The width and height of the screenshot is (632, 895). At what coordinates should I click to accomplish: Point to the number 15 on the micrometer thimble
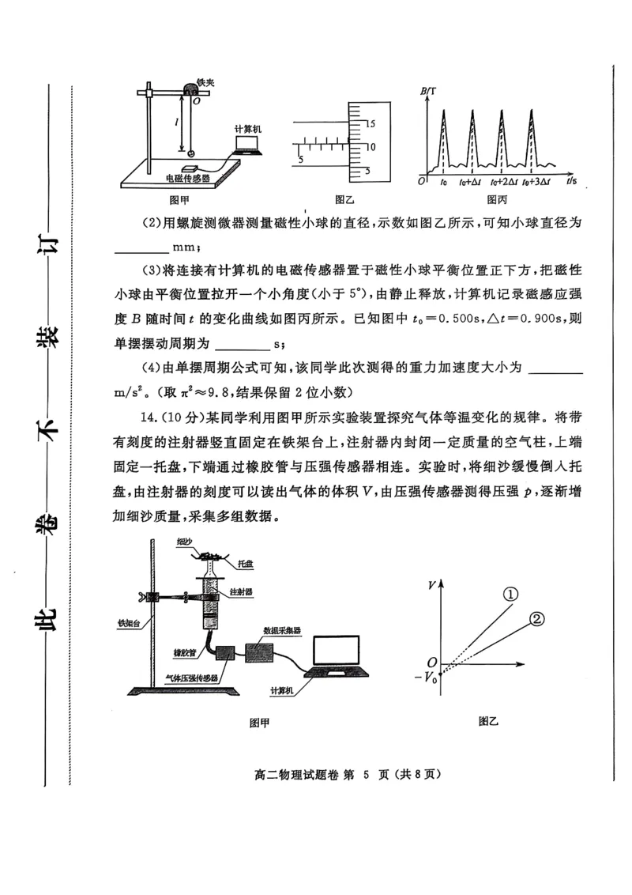click(x=374, y=123)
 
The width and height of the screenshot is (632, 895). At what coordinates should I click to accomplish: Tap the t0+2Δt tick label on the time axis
click(x=503, y=182)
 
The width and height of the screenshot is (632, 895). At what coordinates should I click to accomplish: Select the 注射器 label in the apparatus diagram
click(x=240, y=591)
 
